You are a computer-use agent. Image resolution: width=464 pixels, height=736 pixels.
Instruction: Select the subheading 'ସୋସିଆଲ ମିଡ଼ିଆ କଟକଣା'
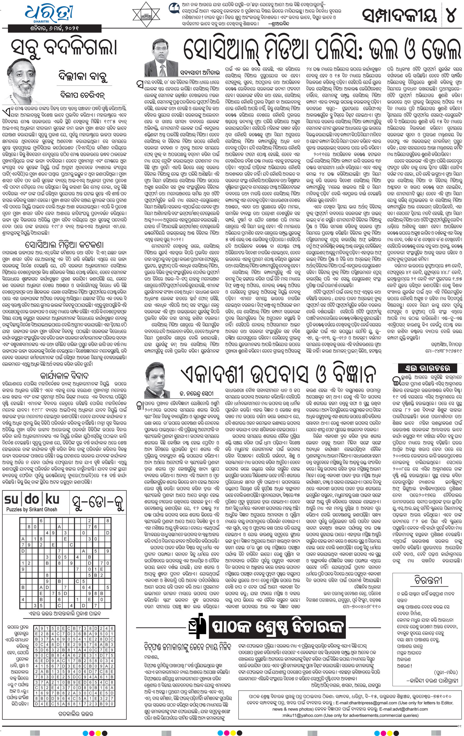64,244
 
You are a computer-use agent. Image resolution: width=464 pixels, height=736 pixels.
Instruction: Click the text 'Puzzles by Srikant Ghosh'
32,509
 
